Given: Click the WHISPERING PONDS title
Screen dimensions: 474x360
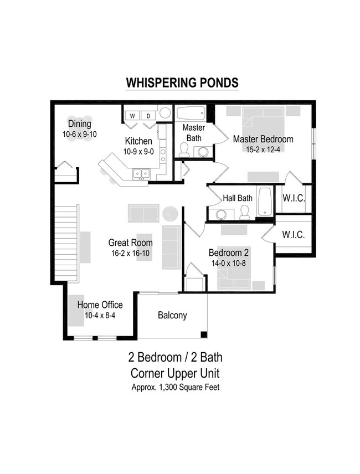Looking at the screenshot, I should [x=182, y=83].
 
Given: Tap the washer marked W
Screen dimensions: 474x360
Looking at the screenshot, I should [x=133, y=116].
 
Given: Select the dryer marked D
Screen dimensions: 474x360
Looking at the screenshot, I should [x=148, y=116].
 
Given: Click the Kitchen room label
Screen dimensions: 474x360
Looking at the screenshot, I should [x=138, y=141].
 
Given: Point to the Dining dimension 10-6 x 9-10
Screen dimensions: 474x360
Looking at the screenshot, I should [x=80, y=134].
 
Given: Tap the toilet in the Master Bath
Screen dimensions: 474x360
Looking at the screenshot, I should [x=184, y=149].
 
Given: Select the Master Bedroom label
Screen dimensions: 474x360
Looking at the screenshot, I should [x=263, y=139].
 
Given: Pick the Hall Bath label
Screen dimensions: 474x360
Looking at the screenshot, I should [x=238, y=198].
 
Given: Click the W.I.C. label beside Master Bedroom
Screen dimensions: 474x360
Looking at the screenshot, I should [x=293, y=198].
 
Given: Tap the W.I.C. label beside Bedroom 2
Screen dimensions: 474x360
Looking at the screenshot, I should [x=293, y=235].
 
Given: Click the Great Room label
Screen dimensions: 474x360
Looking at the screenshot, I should [x=130, y=243].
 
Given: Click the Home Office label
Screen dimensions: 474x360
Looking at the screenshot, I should [x=100, y=305].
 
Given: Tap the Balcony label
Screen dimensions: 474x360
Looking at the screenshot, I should [x=172, y=316].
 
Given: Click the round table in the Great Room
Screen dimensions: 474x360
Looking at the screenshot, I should [x=170, y=213].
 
